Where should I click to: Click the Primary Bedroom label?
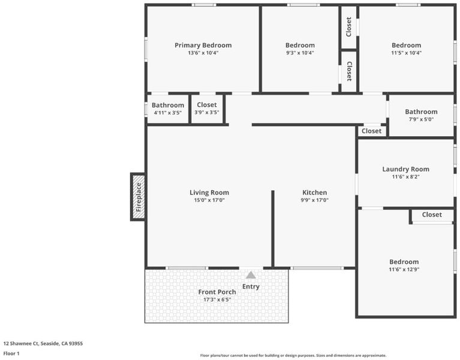[x=203, y=45]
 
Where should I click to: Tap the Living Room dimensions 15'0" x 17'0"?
[x=209, y=200]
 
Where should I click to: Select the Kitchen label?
[x=314, y=193]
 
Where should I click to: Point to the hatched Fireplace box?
[x=138, y=197]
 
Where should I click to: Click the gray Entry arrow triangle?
[x=251, y=275]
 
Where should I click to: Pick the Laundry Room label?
[x=406, y=169]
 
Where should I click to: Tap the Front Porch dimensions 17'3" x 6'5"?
[x=217, y=299]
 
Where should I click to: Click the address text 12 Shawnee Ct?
[x=21, y=343]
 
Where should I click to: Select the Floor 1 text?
[x=11, y=353]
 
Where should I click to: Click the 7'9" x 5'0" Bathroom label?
[x=421, y=112]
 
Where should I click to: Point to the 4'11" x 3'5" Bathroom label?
[x=168, y=105]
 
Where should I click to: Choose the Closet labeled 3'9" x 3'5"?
[x=207, y=105]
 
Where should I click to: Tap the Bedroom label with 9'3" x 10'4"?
[x=300, y=45]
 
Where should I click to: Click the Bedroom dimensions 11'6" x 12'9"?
[x=404, y=269]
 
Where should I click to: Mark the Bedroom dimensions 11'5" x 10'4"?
[x=406, y=53]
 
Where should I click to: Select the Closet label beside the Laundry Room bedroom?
[x=432, y=215]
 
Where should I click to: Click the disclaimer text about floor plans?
[x=293, y=355]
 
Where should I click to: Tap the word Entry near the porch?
[x=251, y=287]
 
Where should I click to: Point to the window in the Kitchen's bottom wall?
[x=317, y=268]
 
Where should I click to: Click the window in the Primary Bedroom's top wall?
[x=204, y=5]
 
